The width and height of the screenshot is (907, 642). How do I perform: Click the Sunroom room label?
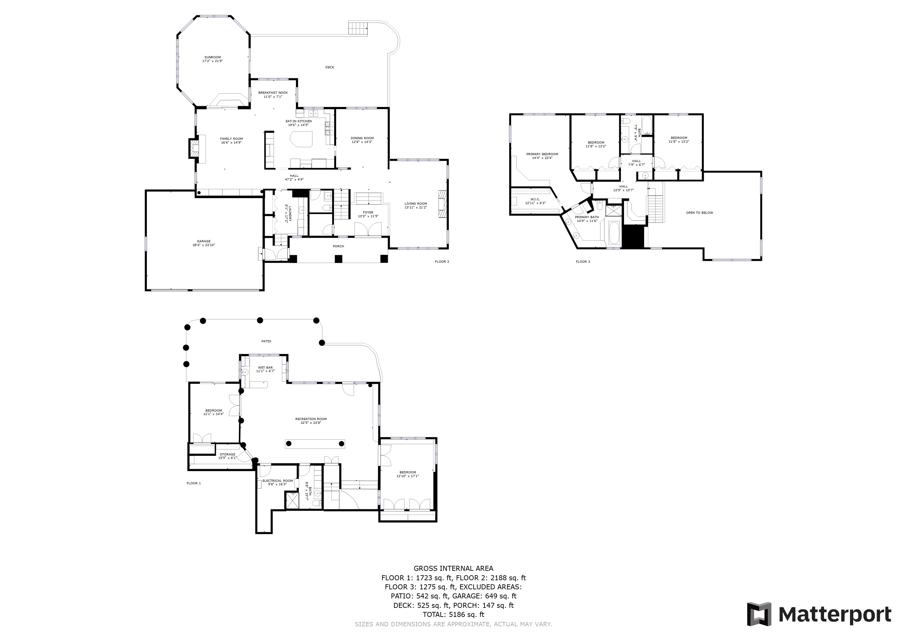[213, 59]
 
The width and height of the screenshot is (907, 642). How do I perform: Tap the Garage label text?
[204, 243]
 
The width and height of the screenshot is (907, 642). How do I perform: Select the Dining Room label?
[362, 139]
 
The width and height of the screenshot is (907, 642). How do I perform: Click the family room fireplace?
[194, 148]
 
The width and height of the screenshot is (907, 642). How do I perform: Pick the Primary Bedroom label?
[542, 156]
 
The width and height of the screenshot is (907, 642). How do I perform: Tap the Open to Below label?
[699, 213]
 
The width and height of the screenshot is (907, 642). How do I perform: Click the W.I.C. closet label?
[535, 201]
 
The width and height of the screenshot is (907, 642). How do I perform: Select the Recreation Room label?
[311, 421]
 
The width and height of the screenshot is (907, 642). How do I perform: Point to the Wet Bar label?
[265, 369]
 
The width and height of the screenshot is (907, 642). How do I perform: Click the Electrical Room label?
[278, 482]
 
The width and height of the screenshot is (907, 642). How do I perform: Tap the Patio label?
[266, 341]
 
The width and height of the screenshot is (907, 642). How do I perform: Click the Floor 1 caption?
[194, 483]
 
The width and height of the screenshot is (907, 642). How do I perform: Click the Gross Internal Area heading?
[453, 568]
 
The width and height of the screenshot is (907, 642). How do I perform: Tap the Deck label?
[329, 67]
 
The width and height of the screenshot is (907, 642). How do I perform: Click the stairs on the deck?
[358, 29]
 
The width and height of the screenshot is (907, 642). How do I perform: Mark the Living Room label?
[416, 205]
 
